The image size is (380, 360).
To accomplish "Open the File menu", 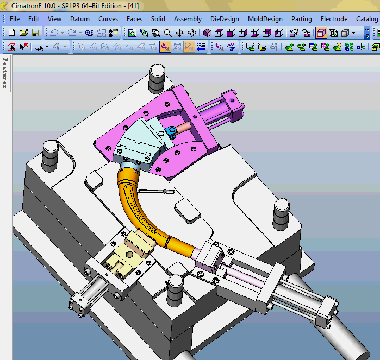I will coord(15,19).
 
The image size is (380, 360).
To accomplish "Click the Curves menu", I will coord(108,19).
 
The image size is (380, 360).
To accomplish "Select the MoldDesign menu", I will coord(265,19).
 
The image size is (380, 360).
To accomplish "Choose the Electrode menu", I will coord(334,19).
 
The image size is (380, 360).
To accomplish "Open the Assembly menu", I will coord(188,19).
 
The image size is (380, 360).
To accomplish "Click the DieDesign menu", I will coord(224,19).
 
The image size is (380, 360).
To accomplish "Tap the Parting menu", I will coord(302,19).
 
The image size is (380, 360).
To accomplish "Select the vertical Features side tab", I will coord(5,73).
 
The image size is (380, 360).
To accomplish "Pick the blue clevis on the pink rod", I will coord(173,130).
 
